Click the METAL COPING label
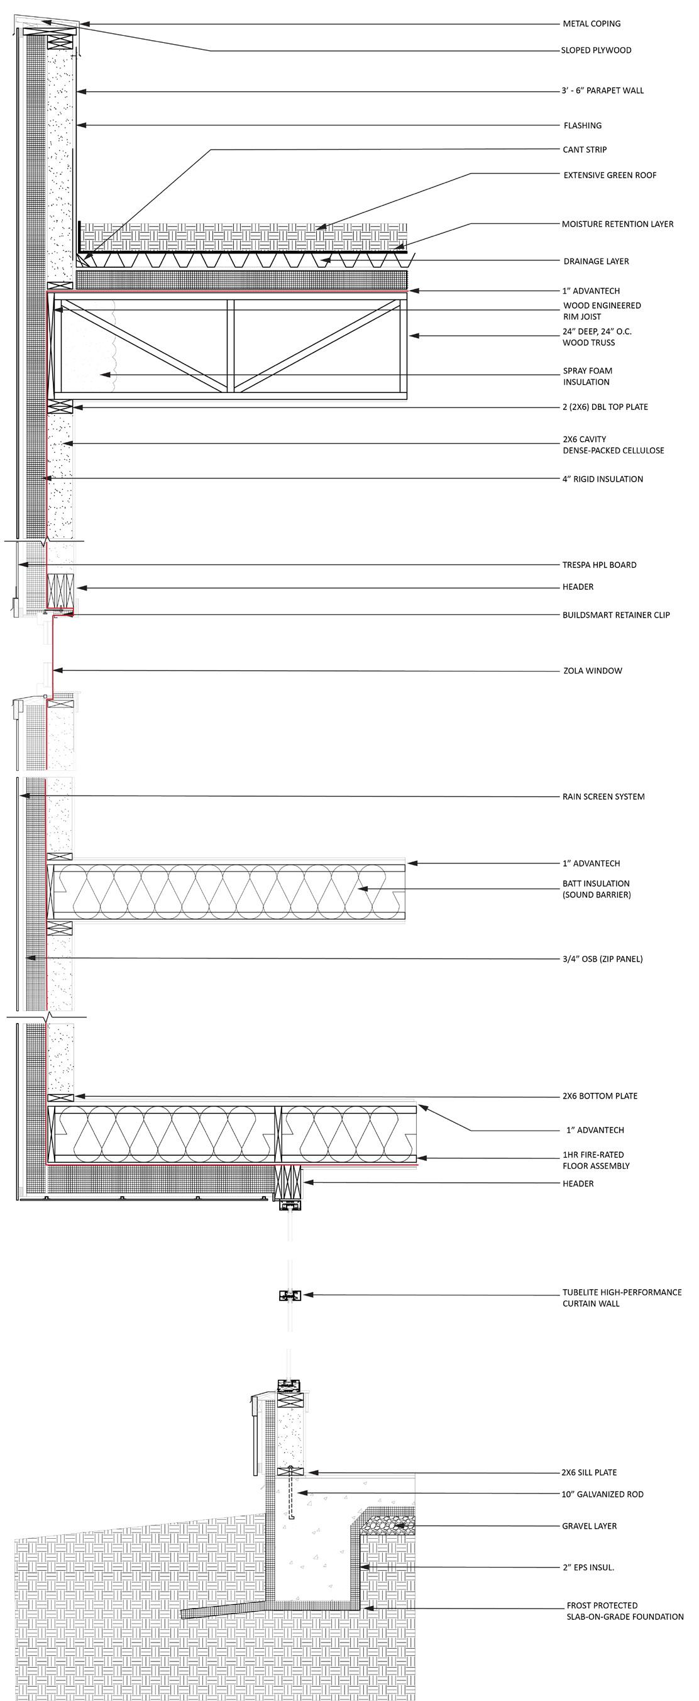click(592, 24)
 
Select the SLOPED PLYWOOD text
click(596, 50)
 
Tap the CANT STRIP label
click(585, 150)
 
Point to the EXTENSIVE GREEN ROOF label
click(610, 175)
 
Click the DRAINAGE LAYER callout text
click(596, 262)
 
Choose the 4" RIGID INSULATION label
click(603, 479)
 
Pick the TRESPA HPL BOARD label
click(599, 565)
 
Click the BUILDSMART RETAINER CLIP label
click(616, 616)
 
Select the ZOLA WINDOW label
click(592, 671)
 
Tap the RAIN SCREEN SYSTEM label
click(603, 797)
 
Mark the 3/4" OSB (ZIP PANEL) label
click(603, 959)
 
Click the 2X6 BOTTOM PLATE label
click(600, 1096)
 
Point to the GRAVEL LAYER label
click(590, 1527)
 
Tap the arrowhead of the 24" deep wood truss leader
click(411, 336)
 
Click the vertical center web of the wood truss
click(229, 346)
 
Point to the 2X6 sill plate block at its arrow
click(291, 1473)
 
